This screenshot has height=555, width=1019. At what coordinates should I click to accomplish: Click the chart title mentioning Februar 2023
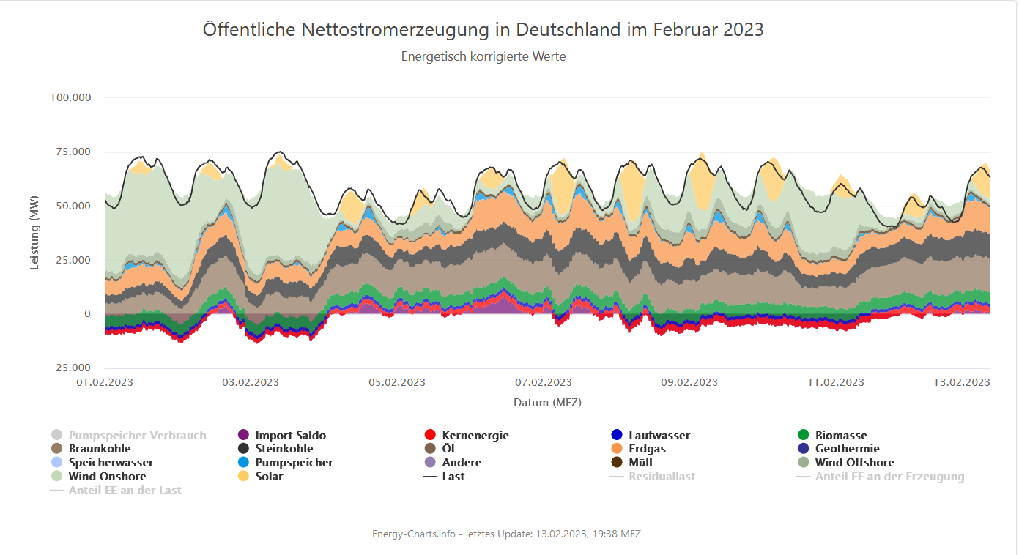pyautogui.click(x=483, y=30)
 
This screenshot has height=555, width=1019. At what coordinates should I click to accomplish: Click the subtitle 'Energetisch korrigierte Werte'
pyautogui.click(x=483, y=56)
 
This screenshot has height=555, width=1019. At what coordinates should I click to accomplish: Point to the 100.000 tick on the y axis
pyautogui.click(x=70, y=97)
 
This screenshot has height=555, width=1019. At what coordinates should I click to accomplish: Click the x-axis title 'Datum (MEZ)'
pyautogui.click(x=547, y=402)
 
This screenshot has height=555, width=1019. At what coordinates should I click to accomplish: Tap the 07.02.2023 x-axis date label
pyautogui.click(x=544, y=382)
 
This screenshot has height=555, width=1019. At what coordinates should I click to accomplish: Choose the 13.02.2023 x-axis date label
pyautogui.click(x=962, y=382)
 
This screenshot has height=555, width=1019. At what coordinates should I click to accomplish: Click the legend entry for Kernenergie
pyautogui.click(x=475, y=436)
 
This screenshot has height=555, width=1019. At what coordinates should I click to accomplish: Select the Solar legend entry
pyautogui.click(x=269, y=477)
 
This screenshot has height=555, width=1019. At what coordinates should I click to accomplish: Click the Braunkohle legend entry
pyautogui.click(x=100, y=449)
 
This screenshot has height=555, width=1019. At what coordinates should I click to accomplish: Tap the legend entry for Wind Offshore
pyautogui.click(x=854, y=463)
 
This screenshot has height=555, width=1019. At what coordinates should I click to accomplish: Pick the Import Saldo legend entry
pyautogui.click(x=290, y=436)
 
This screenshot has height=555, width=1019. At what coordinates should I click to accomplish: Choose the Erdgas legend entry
pyautogui.click(x=647, y=449)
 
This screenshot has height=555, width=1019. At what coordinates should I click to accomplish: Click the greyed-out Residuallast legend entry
pyautogui.click(x=662, y=477)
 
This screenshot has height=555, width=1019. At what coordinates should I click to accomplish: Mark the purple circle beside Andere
pyautogui.click(x=431, y=463)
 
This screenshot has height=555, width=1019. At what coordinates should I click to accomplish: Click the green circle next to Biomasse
pyautogui.click(x=802, y=436)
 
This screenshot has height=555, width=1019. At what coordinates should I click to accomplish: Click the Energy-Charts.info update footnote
pyautogui.click(x=506, y=534)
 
